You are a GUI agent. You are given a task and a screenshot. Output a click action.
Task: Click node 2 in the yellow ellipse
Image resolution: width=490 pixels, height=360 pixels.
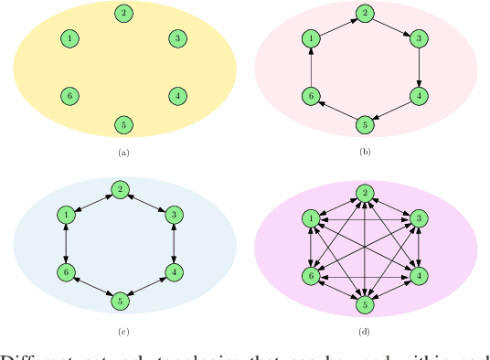click(123, 13)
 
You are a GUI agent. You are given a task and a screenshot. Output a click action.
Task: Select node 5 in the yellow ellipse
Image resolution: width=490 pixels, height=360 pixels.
click(123, 123)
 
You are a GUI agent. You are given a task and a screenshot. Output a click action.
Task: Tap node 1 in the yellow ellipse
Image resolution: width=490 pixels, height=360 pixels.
click(69, 38)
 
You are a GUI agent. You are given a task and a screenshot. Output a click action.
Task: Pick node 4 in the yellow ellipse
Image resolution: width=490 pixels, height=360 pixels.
click(177, 95)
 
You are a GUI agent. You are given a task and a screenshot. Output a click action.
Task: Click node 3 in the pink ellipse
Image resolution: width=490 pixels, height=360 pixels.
click(419, 38)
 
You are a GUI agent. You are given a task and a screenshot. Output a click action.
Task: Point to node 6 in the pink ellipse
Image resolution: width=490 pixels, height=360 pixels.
click(312, 95)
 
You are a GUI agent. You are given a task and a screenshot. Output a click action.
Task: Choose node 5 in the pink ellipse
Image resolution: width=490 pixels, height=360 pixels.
click(365, 123)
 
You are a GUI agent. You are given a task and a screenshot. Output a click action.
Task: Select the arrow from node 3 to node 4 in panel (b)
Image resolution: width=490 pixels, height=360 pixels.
click(419, 67)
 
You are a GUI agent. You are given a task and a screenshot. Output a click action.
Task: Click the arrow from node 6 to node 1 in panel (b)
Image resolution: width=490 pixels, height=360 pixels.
click(312, 67)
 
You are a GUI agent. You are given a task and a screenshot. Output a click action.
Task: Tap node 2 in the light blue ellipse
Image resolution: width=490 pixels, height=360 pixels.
click(120, 189)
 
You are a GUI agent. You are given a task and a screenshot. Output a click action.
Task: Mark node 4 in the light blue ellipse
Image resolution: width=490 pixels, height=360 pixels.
click(174, 271)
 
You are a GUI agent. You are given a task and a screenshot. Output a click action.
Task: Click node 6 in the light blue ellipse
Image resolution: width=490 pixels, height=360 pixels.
click(66, 271)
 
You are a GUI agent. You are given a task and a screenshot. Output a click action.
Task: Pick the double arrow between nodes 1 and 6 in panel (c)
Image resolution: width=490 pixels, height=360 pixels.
click(66, 243)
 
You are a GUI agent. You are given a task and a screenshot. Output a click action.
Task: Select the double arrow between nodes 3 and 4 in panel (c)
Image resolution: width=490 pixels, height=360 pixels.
click(174, 243)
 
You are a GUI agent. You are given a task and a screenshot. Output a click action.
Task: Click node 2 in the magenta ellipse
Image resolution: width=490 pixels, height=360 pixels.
click(365, 193)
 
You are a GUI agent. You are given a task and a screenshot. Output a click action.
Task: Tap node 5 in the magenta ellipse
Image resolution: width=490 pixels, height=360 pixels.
click(365, 303)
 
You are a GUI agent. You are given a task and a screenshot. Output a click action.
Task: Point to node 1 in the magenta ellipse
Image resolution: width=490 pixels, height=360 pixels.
click(312, 218)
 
